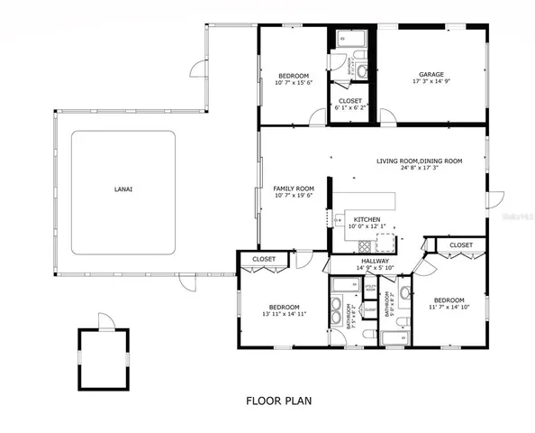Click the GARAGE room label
click(431, 75)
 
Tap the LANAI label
click(123, 189)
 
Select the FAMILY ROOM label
click(293, 189)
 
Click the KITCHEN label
click(367, 219)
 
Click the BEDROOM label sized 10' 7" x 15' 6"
click(293, 75)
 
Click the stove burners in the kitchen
click(386, 242)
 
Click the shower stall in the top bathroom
click(348, 39)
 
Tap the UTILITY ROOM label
click(369, 287)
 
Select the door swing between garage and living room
click(385, 115)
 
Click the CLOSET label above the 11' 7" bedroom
click(461, 244)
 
